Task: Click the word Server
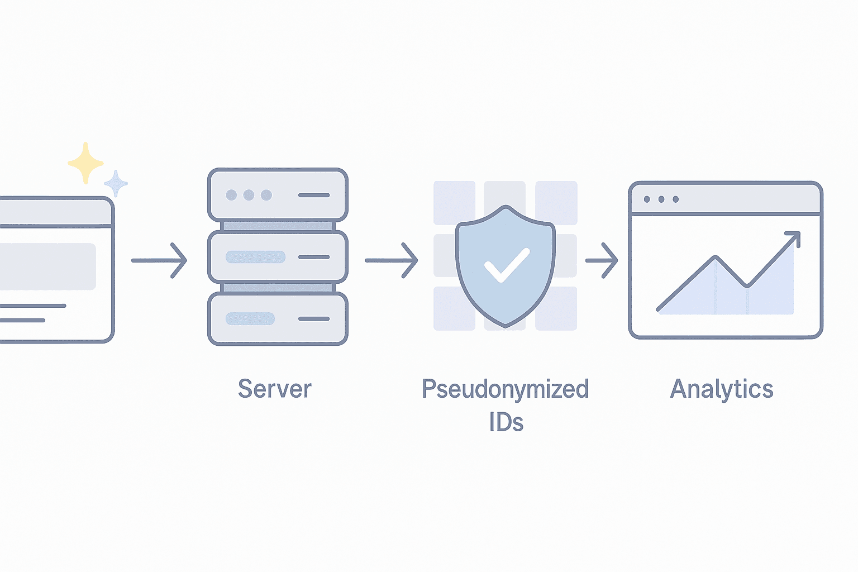[x=274, y=389]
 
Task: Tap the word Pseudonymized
[x=505, y=389]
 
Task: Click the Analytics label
[x=721, y=389]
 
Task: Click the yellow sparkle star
[x=85, y=163]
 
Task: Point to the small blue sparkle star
[x=116, y=183]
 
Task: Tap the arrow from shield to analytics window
[x=602, y=260]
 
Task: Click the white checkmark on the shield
[x=506, y=265]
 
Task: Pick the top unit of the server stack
[x=278, y=195]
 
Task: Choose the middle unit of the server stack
[x=278, y=257]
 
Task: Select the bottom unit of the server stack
[x=278, y=319]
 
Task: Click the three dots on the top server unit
[x=249, y=195]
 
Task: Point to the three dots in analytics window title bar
[x=661, y=199]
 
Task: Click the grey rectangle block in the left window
[x=47, y=266]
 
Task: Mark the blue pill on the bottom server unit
[x=250, y=318]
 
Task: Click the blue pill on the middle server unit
[x=255, y=257]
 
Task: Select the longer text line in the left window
[x=34, y=306]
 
